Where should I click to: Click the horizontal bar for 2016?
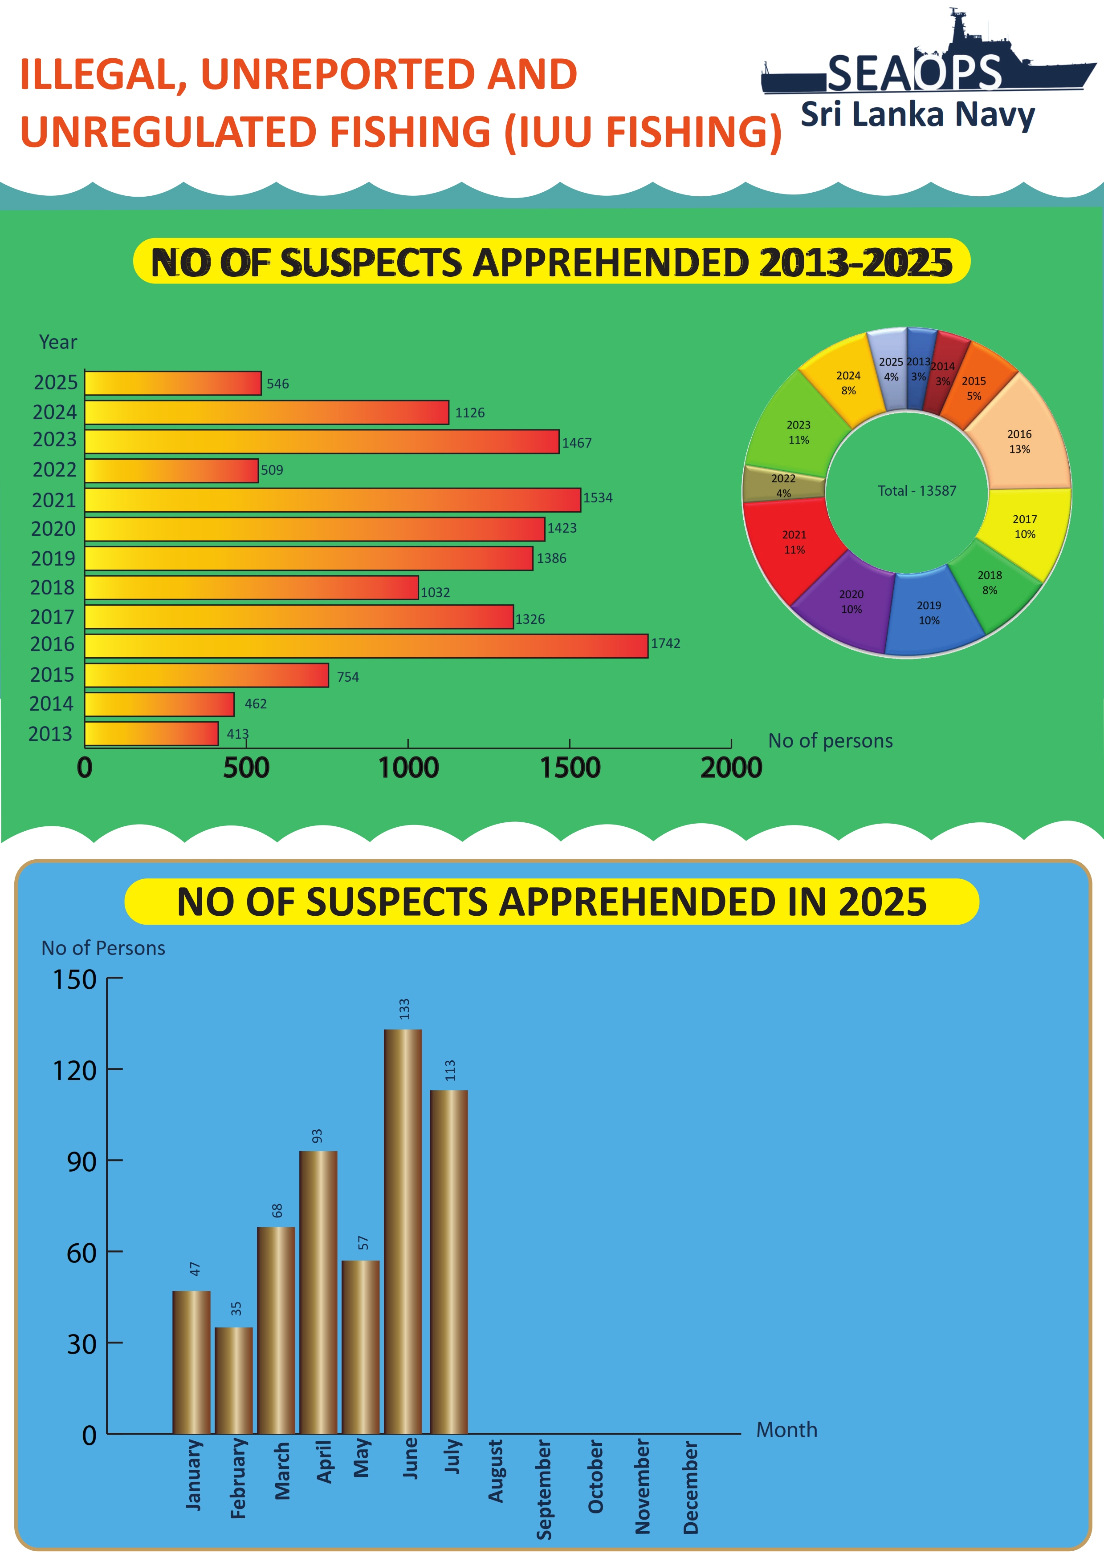[366, 646]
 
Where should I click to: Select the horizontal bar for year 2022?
[171, 470]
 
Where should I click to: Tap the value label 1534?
[598, 497]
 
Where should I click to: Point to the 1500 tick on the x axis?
[570, 768]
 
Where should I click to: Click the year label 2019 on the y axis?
[53, 558]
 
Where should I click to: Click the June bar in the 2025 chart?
[403, 1230]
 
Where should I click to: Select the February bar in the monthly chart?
[234, 1380]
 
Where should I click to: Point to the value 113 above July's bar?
[450, 1069]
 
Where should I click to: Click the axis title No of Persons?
[103, 948]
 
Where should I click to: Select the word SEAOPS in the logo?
[915, 73]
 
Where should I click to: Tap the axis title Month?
[786, 1430]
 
